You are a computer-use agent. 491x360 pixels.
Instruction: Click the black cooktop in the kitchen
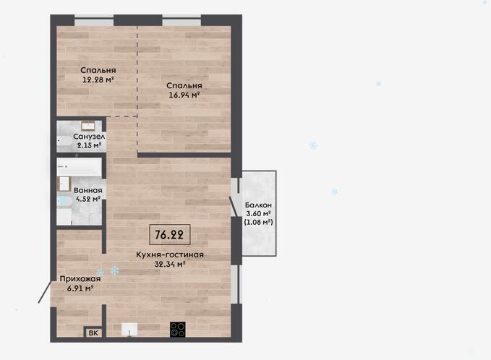click(178, 330)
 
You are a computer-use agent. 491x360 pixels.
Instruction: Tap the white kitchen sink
click(129, 330)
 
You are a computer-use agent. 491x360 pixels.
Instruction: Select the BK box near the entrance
click(93, 333)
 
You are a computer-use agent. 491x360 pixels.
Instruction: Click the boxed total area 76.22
click(170, 234)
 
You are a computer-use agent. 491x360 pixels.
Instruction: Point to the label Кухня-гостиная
click(170, 254)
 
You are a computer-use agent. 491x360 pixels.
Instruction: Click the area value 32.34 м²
click(170, 264)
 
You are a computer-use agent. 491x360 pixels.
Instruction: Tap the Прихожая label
click(80, 279)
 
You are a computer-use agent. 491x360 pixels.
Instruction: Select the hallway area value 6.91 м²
click(80, 288)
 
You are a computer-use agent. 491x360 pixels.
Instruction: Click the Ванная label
click(88, 190)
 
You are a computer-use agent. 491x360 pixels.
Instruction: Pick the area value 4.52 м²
click(88, 199)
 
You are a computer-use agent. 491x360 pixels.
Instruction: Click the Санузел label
click(89, 137)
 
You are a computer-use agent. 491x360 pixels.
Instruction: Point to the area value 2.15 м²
click(89, 145)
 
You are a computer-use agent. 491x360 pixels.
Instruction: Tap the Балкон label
click(258, 205)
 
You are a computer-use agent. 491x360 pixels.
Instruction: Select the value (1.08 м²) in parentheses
click(258, 222)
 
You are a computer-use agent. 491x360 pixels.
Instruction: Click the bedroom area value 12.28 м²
click(98, 80)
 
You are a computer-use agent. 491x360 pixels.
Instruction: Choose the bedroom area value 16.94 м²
click(184, 95)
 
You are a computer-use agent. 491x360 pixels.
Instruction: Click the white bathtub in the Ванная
click(79, 167)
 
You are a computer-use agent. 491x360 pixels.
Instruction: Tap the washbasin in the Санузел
click(87, 126)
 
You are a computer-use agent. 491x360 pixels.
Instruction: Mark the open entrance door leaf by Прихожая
click(45, 292)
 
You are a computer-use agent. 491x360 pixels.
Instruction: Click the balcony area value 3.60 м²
click(258, 214)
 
